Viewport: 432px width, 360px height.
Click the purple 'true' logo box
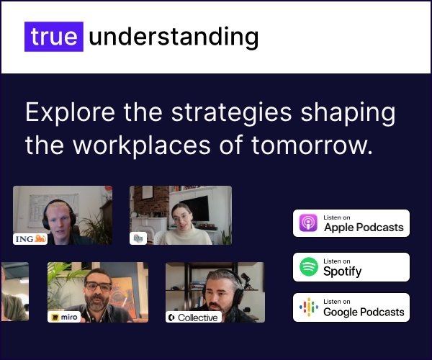tap(54, 37)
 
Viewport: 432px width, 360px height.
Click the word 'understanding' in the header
tap(174, 37)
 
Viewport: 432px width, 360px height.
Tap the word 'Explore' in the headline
tap(71, 112)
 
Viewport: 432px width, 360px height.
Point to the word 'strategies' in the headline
tap(231, 112)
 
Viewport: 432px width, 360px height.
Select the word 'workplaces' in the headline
tap(142, 145)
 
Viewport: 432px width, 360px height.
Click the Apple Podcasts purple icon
tap(308, 222)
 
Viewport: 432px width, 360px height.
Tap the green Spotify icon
tap(309, 266)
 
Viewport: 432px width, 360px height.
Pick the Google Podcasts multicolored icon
tap(309, 307)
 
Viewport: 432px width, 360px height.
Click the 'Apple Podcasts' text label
tap(364, 228)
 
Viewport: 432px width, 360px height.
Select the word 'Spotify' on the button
tap(342, 271)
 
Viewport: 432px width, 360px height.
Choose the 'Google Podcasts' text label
tap(364, 312)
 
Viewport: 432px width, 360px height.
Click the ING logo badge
tap(30, 239)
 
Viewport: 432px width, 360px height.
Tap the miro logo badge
tap(64, 317)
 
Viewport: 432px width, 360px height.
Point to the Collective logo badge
tap(194, 318)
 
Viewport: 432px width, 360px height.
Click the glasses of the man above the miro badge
tap(99, 287)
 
